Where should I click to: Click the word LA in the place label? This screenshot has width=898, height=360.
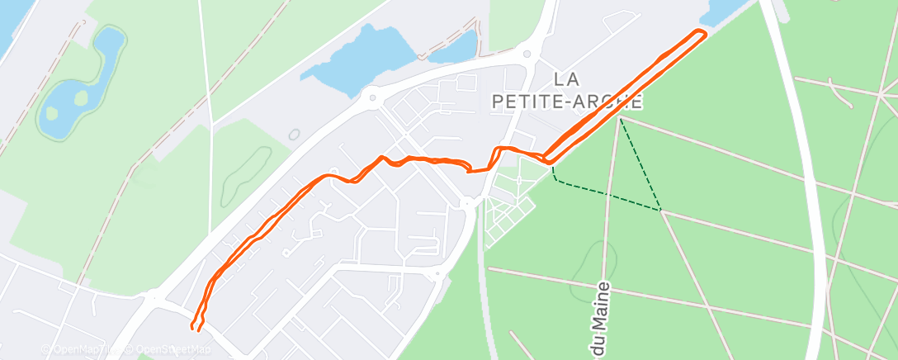click(565, 79)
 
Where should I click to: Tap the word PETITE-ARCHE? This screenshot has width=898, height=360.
click(566, 101)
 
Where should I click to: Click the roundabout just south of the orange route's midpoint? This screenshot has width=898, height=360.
click(467, 201)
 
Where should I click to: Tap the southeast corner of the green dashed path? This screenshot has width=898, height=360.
click(660, 210)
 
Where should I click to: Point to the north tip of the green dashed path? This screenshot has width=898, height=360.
click(621, 119)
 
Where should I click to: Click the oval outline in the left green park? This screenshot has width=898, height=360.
click(246, 169)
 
